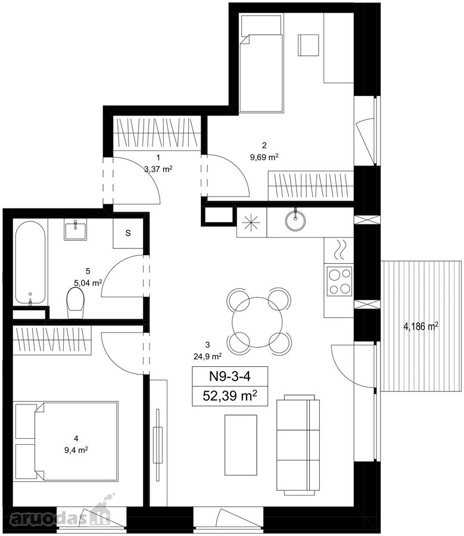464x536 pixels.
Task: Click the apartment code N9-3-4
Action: (x=229, y=376)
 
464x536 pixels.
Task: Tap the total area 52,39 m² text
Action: (x=230, y=396)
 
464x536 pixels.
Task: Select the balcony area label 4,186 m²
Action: (x=421, y=326)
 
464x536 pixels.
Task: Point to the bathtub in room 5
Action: (x=30, y=263)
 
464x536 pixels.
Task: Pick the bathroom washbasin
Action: (x=75, y=229)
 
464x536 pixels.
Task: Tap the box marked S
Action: (x=128, y=233)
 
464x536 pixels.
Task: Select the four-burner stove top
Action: (x=340, y=281)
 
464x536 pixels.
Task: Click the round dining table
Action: (x=257, y=322)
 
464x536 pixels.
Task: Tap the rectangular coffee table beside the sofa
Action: (x=241, y=445)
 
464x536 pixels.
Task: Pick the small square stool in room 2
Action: (x=309, y=45)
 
